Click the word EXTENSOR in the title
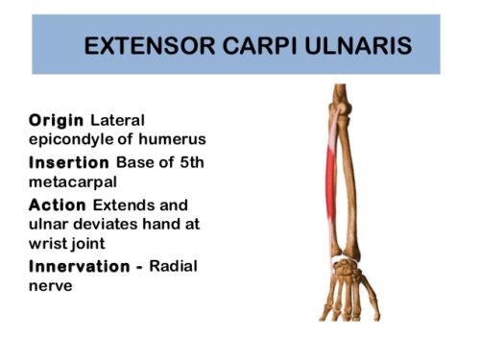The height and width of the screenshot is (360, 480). [142, 46]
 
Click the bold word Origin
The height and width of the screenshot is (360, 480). [57, 120]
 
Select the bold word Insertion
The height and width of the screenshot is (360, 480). [70, 162]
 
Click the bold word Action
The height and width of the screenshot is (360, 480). [58, 205]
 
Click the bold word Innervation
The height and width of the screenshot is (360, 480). [81, 266]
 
